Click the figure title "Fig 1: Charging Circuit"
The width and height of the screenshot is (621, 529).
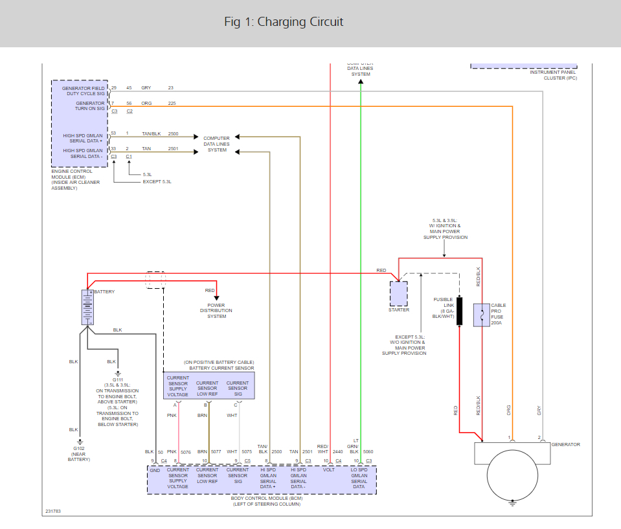pos(284,22)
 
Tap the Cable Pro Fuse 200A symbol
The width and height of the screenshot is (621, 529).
pos(481,315)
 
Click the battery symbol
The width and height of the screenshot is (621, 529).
pos(87,307)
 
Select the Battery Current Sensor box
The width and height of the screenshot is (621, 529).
pos(209,386)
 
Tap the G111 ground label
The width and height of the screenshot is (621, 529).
pos(117,380)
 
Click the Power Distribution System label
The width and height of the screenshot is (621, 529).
pos(217,311)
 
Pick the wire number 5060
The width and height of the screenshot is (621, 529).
pos(368,451)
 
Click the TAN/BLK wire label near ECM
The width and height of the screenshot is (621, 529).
pos(151,133)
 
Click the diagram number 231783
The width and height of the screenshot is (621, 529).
pos(53,512)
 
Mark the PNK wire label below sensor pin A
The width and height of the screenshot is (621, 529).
pos(172,415)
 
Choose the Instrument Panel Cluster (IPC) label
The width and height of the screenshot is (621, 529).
pos(553,75)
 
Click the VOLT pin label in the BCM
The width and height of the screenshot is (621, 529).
pos(328,471)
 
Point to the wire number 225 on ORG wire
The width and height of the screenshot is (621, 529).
pos(172,103)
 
